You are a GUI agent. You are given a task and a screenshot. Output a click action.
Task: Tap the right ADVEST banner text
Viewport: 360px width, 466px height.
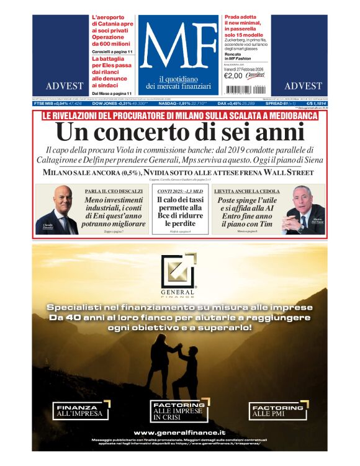(x=303, y=86)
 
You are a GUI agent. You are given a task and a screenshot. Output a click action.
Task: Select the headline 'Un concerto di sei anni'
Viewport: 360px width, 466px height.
(x=179, y=132)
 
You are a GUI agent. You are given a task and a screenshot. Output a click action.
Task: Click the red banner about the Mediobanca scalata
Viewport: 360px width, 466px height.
(x=179, y=115)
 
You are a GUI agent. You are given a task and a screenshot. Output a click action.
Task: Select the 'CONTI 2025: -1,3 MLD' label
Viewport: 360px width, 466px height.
(x=179, y=191)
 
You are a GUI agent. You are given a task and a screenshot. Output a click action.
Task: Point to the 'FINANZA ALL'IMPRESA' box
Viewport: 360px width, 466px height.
(x=82, y=410)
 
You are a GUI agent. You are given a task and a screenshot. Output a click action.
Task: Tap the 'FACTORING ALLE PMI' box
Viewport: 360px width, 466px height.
(x=277, y=410)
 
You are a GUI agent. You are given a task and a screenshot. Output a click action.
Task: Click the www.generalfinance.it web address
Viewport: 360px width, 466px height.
(x=179, y=432)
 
